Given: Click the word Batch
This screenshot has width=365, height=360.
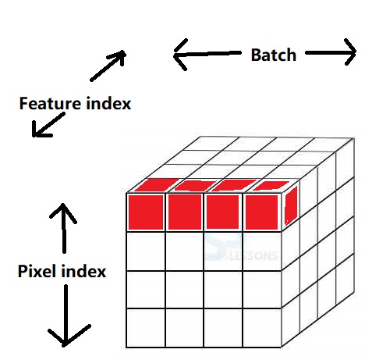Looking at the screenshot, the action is click(274, 55).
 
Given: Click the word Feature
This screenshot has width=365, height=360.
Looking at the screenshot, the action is click(50, 103).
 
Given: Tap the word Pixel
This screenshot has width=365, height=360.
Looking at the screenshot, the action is click(37, 271).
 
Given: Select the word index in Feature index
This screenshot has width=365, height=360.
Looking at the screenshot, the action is click(108, 103).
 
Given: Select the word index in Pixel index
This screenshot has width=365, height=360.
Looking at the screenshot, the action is click(84, 271).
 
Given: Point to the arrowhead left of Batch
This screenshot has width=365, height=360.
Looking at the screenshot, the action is click(180, 55).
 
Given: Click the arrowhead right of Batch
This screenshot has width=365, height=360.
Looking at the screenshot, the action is click(350, 52).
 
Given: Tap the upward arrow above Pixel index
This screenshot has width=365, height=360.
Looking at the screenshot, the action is click(63, 228).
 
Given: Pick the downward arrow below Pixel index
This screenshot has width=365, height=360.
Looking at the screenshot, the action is click(66, 315).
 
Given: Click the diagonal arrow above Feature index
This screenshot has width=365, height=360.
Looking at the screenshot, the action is click(108, 66).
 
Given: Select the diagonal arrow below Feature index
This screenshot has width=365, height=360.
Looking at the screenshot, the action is click(48, 125).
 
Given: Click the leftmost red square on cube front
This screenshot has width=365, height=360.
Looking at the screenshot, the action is click(146, 212).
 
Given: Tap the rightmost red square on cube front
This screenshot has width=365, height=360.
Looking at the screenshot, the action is click(262, 212).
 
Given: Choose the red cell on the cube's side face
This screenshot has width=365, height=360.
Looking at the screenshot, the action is click(291, 205).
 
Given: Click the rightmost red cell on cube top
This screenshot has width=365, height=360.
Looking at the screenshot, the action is click(271, 186).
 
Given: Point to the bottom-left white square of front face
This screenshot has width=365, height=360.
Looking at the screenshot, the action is click(146, 328).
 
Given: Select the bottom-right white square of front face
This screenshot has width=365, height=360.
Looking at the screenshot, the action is click(262, 328).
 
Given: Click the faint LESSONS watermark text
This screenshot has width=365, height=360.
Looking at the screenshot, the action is click(253, 255).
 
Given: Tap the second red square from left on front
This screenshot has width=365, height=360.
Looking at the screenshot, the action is click(185, 212).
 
